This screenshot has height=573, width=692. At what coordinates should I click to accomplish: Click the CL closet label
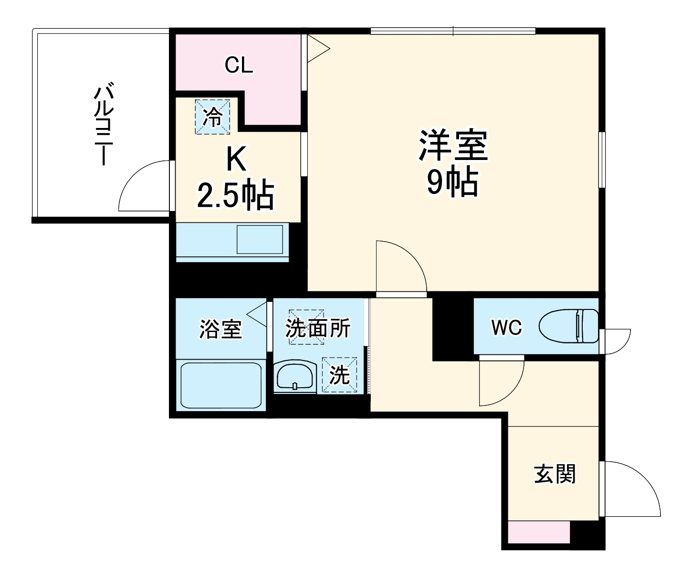[239, 65]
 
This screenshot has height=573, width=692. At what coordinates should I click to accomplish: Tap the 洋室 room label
[453, 145]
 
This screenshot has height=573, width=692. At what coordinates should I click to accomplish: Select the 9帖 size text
[452, 182]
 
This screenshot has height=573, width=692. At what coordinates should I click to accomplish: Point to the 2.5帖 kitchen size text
[235, 195]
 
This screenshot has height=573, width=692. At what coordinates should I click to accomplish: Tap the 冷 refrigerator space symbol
[212, 117]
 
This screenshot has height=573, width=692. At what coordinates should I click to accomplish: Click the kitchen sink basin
[260, 240]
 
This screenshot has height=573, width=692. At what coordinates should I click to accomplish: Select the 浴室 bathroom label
[220, 329]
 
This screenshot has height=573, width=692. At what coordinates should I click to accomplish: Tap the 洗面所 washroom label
[318, 328]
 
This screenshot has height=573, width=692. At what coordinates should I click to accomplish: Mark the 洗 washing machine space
[339, 375]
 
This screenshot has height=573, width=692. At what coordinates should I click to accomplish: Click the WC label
[506, 328]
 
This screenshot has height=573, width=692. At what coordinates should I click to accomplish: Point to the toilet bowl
[568, 326]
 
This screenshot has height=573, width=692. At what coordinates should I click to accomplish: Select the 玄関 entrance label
[555, 474]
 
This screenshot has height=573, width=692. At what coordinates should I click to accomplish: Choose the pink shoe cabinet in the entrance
[539, 532]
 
